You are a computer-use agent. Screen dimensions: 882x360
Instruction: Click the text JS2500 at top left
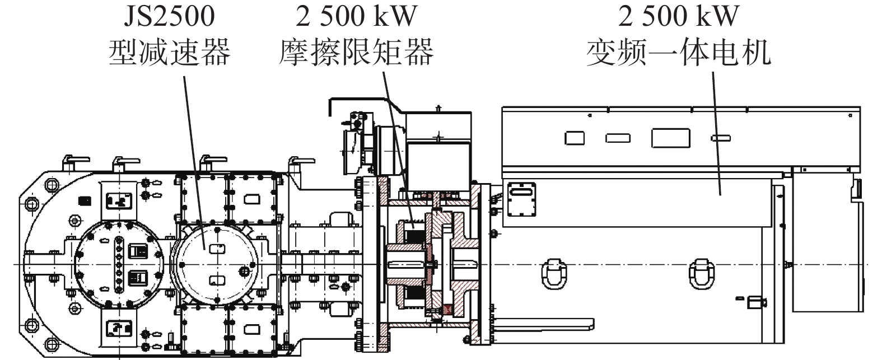[x=169, y=16]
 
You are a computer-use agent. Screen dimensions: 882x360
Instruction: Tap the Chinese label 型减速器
[x=169, y=53]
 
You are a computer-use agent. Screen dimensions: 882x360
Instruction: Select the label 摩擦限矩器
[x=356, y=53]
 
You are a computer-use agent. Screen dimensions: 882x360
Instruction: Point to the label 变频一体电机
[x=678, y=53]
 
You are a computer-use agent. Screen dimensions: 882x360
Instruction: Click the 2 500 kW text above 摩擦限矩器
[x=356, y=16]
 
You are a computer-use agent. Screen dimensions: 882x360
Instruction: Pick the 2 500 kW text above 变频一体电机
[x=678, y=16]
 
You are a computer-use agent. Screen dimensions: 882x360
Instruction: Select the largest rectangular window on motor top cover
[x=670, y=138]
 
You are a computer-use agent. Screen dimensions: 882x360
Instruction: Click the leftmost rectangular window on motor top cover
[x=575, y=138]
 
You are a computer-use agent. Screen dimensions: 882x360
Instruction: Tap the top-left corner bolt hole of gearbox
[x=52, y=184]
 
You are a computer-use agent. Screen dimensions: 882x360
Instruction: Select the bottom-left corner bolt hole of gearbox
[x=52, y=344]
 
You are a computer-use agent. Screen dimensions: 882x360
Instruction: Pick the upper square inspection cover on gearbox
[x=119, y=201]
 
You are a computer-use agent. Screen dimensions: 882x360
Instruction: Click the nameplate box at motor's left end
[x=521, y=199]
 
